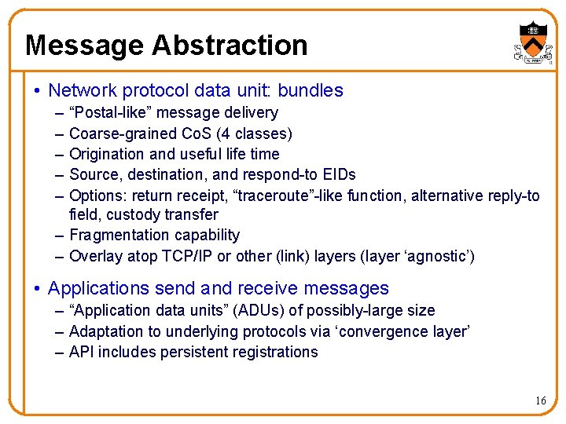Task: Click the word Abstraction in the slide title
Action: pos(230,46)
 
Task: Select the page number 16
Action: pos(540,401)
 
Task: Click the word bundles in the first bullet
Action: pos(312,90)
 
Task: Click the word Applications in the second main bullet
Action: pos(98,288)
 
